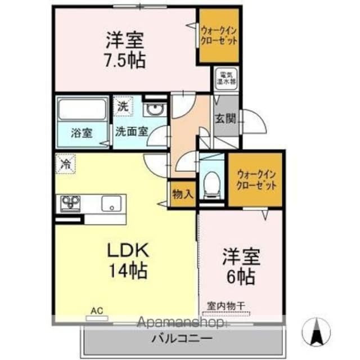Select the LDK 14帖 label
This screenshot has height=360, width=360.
coord(128,260)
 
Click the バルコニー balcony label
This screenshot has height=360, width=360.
coord(181,339)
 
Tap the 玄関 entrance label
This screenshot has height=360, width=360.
coord(224,119)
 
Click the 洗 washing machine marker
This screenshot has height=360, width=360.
coord(123,105)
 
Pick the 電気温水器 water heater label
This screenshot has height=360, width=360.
coord(227,78)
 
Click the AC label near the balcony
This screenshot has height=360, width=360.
coord(96,309)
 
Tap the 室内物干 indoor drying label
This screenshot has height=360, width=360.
coord(226,305)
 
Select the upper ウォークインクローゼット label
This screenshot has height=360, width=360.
coord(219,37)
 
